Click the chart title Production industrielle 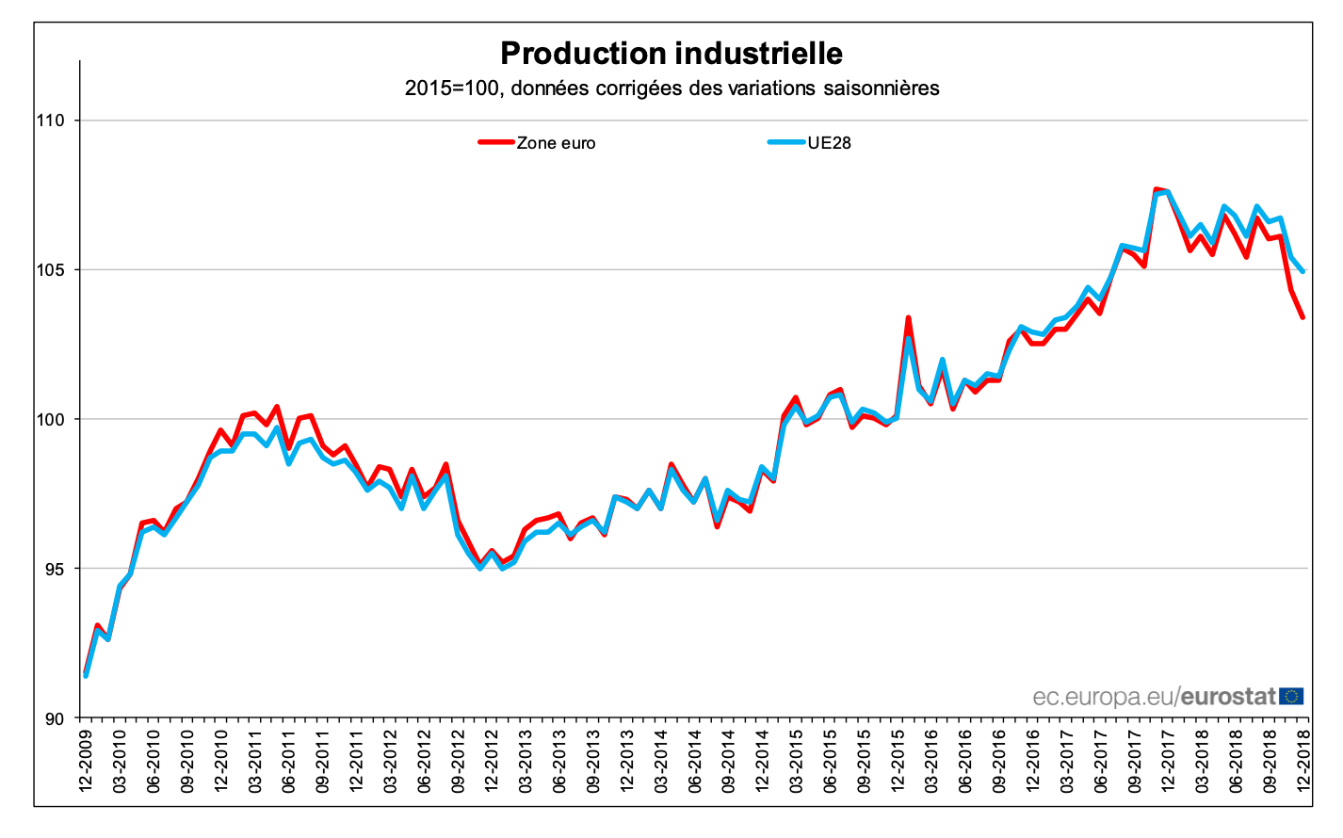671,54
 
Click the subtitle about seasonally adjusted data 671,89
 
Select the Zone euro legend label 556,143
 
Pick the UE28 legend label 829,143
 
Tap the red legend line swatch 495,142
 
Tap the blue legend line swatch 786,142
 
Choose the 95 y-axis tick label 54,569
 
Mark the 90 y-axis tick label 54,718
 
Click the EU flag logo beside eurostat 1292,696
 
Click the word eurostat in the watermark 1228,697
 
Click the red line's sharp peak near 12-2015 908,318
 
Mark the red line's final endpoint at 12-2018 1303,317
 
